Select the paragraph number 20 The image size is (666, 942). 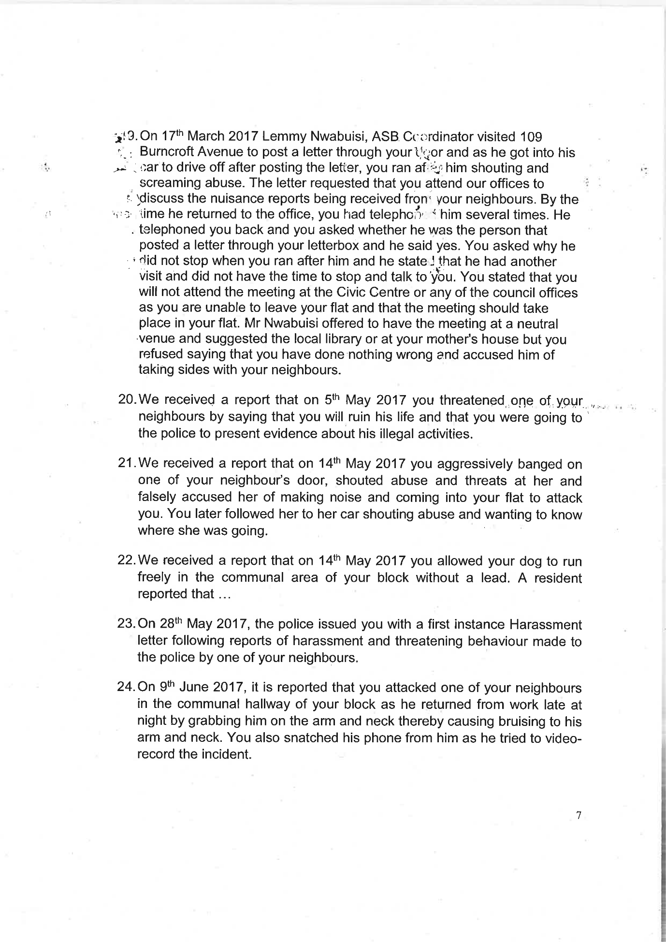127,400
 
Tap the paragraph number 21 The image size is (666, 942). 127,463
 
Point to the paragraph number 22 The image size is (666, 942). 127,560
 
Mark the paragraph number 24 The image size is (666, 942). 126,688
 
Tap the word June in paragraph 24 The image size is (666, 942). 192,688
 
